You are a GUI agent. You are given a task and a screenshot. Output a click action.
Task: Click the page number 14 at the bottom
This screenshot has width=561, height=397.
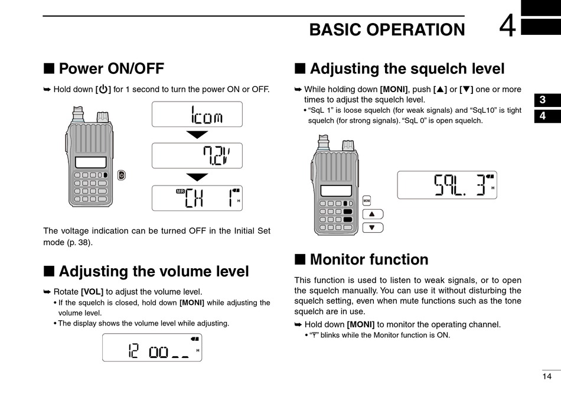tap(547, 376)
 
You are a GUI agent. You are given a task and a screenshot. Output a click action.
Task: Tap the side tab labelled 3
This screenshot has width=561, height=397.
tap(542, 100)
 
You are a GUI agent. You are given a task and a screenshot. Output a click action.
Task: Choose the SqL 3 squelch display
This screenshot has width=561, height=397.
tap(447, 185)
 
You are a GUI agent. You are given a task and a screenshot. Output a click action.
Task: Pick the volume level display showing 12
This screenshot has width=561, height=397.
tap(152, 347)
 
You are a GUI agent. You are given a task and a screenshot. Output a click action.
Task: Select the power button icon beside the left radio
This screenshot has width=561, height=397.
tap(121, 175)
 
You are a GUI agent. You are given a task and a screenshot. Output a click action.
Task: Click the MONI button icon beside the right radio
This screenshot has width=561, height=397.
tap(366, 200)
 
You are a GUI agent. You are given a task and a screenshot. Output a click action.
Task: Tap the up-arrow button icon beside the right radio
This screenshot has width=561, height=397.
tap(373, 214)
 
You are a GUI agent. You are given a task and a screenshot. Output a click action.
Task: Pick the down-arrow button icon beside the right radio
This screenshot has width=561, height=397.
tap(373, 227)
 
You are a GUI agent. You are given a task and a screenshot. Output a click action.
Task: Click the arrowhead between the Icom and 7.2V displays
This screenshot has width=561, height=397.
tap(197, 135)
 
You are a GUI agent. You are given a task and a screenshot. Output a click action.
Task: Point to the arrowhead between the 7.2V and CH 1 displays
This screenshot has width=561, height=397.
tap(197, 177)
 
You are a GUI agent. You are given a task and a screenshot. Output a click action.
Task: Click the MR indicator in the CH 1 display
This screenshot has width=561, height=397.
tap(181, 192)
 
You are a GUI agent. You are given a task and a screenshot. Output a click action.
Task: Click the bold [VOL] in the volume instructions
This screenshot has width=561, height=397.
tap(92, 291)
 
